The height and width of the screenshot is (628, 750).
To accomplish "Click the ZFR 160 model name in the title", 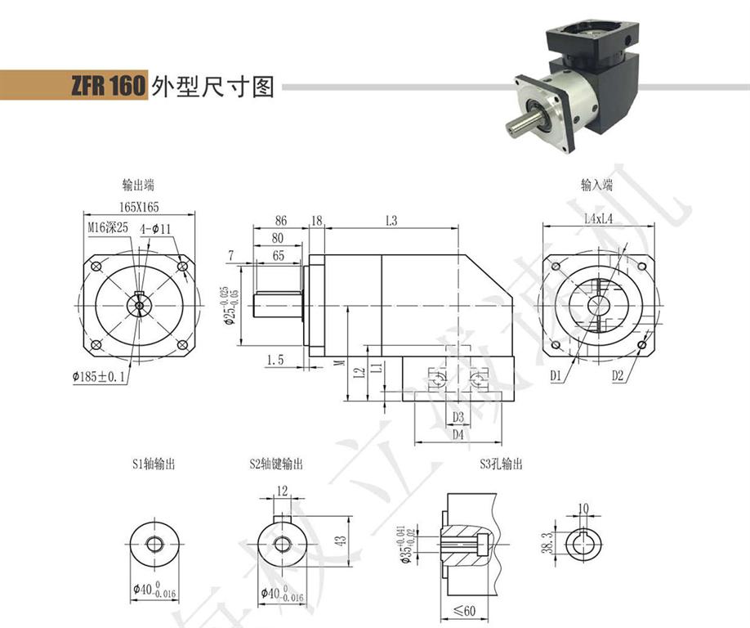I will [107, 85].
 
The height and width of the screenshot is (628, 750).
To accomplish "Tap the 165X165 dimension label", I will [138, 209].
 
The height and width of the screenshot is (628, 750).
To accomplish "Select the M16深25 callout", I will [107, 227].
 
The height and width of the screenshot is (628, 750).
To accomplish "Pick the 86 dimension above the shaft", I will [280, 221].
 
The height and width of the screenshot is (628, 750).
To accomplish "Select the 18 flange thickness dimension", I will [317, 221].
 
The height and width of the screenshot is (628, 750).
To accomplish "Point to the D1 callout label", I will [556, 376].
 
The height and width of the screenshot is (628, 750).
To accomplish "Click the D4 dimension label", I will [458, 435].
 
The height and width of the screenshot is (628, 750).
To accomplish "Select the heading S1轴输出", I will [153, 464].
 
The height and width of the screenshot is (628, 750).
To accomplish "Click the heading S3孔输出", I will [501, 464].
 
